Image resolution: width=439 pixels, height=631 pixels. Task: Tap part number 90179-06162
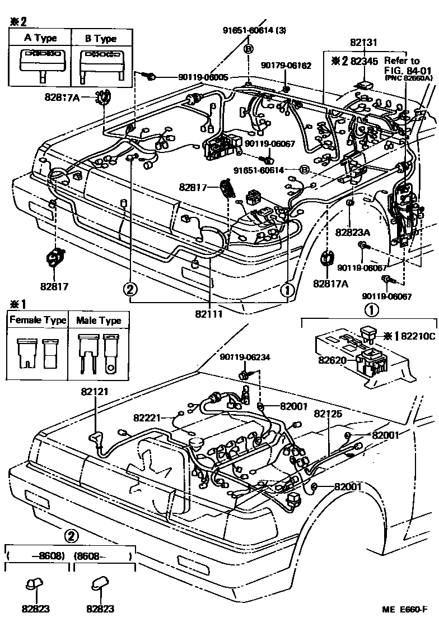pos(286,66)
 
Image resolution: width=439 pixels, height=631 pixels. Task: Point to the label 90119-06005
pos(203,77)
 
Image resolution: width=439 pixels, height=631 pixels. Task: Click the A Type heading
pos(39,39)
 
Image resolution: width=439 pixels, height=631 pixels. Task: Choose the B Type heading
pos(101,39)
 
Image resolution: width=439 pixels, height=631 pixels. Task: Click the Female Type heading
pos(38,321)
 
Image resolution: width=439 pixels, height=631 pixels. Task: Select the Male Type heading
pos(99,321)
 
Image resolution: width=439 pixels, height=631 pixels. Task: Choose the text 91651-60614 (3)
pos(254,30)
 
